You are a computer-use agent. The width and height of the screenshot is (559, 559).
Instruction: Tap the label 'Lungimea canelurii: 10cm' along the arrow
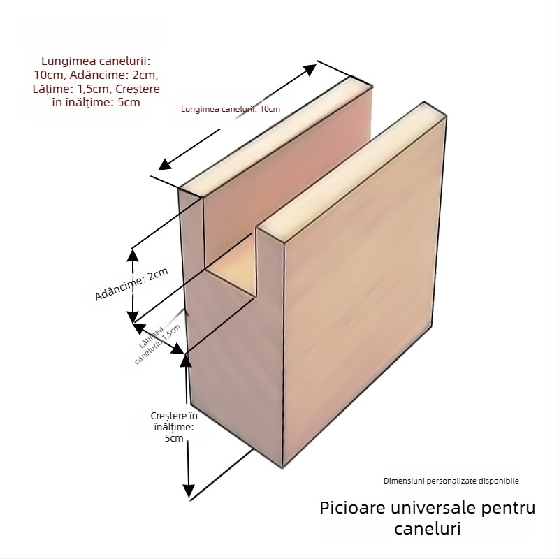(x=230, y=108)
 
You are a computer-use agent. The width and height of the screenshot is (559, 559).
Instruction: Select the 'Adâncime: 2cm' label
(x=132, y=284)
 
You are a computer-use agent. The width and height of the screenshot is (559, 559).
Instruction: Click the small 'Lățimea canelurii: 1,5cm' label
(x=159, y=342)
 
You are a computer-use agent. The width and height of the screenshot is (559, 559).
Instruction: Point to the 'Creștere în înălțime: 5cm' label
(x=174, y=427)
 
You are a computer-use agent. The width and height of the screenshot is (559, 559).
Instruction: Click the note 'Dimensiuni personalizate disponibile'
(x=451, y=481)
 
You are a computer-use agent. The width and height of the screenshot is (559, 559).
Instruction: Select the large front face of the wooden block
(x=356, y=293)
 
